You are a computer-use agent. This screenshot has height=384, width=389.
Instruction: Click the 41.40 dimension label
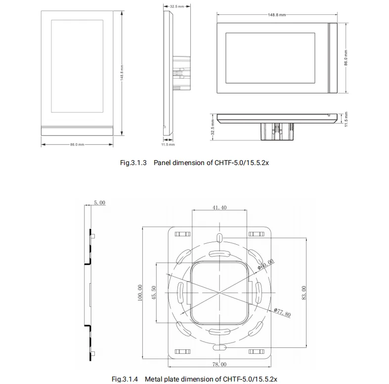click(x=219, y=208)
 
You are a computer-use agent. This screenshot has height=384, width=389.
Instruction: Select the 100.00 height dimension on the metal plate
click(x=140, y=293)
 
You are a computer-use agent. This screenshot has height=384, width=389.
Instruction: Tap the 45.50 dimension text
click(x=154, y=293)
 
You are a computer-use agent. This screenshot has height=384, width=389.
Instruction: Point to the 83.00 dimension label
click(x=303, y=293)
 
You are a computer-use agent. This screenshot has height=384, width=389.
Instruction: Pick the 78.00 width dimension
click(x=219, y=364)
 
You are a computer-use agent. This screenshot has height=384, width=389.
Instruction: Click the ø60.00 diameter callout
click(x=266, y=264)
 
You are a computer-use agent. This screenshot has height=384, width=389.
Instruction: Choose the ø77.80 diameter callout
click(x=282, y=312)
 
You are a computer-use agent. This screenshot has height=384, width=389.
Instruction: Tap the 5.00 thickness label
click(x=99, y=203)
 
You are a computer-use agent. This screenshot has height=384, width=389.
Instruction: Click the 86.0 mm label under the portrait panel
click(x=77, y=144)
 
